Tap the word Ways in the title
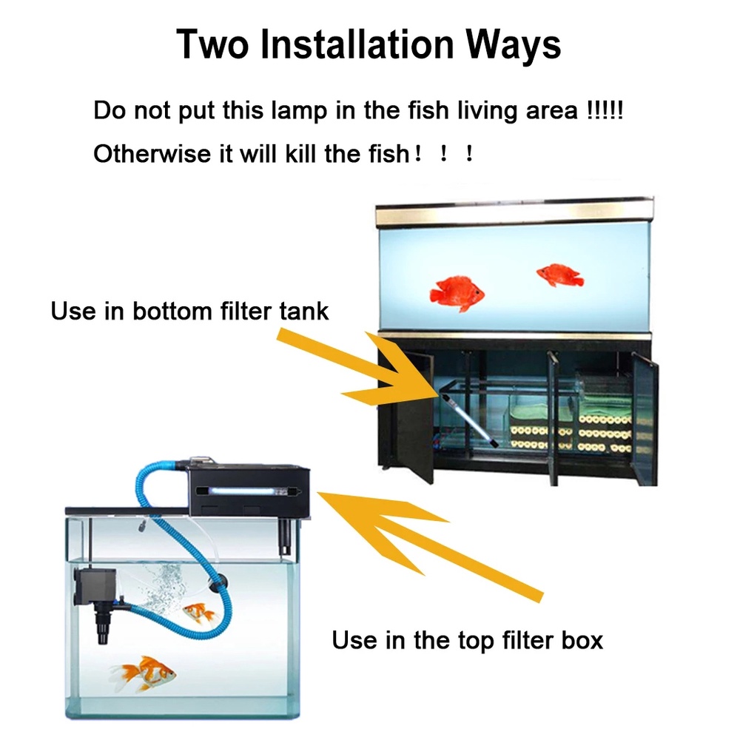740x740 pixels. tap(514, 45)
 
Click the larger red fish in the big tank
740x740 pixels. tap(457, 293)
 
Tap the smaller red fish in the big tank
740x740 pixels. tap(559, 275)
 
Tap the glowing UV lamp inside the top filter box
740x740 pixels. tap(249, 491)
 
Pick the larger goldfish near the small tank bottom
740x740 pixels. tap(144, 674)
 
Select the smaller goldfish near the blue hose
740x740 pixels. tap(198, 613)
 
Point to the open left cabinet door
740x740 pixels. tap(414, 415)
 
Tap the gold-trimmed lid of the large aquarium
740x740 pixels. tap(514, 212)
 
